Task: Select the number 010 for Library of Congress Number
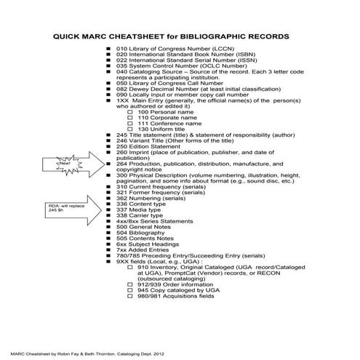(x=121, y=48)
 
